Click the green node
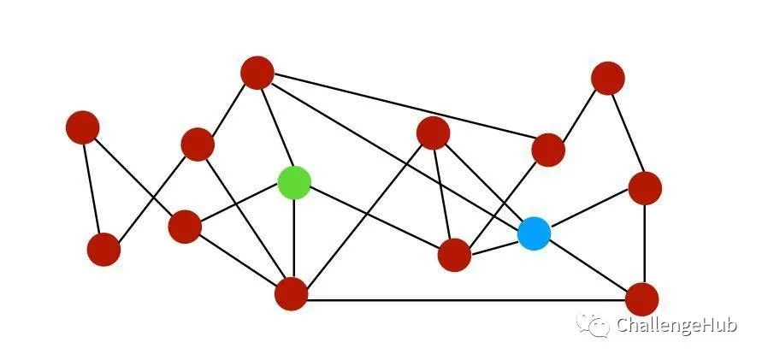pos(294,182)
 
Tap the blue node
pos(534,233)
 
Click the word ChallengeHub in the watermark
pos(677,325)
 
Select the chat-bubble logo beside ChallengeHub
pos(593,325)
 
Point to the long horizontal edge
pos(467,300)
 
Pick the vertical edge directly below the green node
pos(294,239)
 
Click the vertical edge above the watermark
pos(644,244)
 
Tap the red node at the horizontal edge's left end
pos(291,294)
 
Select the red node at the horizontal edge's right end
pos(642,299)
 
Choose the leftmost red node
pos(83,127)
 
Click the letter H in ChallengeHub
pos(700,325)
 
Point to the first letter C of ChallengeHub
pos(623,325)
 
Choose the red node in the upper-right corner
pos(608,78)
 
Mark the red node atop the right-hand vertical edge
pos(645,188)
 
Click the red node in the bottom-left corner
pos(103,249)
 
